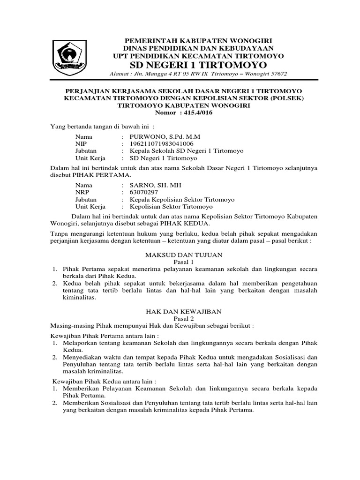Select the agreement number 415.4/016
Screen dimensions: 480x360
point(193,113)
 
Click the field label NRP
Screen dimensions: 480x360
point(82,192)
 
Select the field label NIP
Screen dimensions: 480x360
point(81,143)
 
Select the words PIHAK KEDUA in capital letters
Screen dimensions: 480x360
point(171,224)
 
